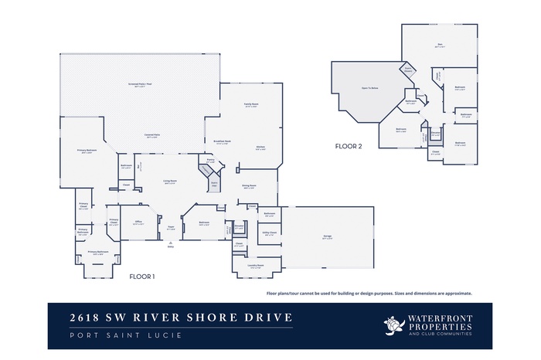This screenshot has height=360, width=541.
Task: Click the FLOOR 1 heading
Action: click(x=142, y=276)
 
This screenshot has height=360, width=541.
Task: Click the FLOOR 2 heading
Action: click(x=348, y=145)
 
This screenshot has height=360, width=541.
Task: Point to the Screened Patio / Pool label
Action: click(x=136, y=84)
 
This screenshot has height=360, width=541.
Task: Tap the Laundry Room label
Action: click(x=257, y=266)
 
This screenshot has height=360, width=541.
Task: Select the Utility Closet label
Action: click(x=269, y=233)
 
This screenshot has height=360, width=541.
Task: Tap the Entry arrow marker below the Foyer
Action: click(x=170, y=244)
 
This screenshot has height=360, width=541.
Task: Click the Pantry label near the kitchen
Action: click(x=209, y=161)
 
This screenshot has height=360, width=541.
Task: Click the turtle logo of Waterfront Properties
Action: click(x=394, y=325)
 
